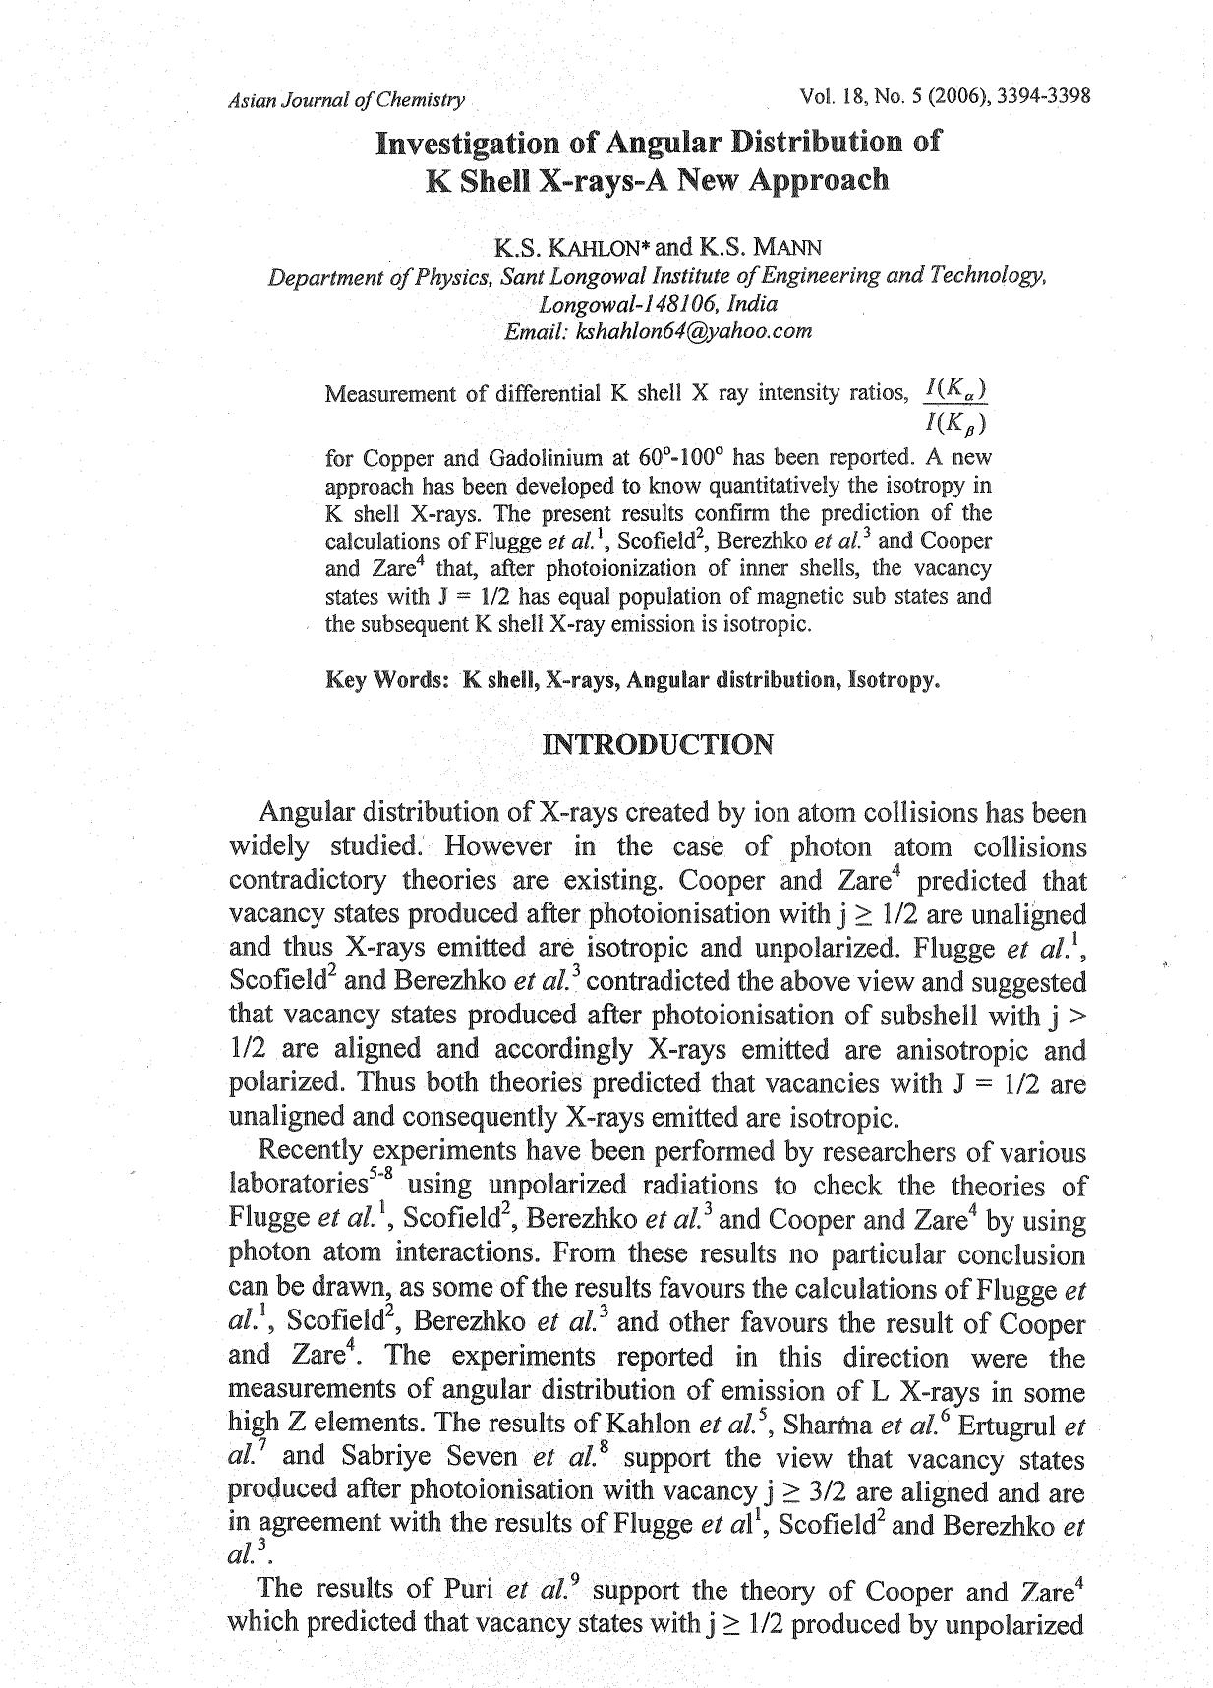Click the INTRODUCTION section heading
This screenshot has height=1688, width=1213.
tap(658, 744)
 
